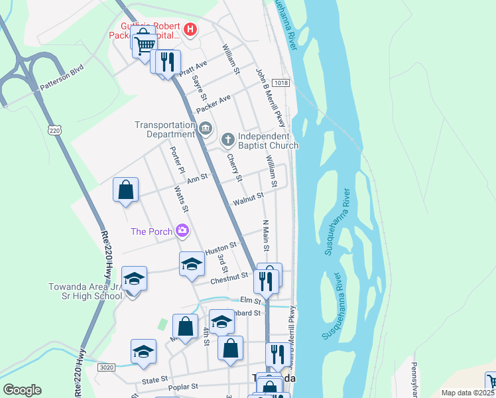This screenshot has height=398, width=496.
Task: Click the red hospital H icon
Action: point(191,29)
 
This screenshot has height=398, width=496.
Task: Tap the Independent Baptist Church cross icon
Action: point(227,139)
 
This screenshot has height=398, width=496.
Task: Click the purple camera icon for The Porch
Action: point(182,231)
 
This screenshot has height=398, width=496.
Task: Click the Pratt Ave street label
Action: point(193,68)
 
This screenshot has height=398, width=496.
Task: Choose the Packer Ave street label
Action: point(214,103)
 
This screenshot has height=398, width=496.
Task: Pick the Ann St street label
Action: point(197,178)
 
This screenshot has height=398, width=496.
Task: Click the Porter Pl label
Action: point(177,160)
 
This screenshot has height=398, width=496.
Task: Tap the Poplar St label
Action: point(185,386)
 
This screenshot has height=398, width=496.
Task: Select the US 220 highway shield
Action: point(54,131)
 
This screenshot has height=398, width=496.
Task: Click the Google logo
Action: point(22,390)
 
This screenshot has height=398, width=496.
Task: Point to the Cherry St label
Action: point(234,166)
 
